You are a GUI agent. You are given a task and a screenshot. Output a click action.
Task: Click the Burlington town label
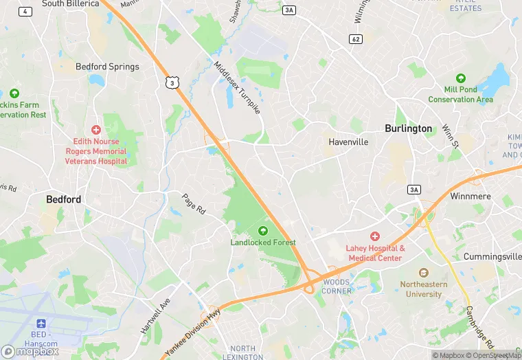[408, 128]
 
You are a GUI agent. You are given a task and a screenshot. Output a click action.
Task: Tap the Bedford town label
[63, 199]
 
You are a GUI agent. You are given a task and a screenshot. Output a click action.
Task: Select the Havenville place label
[348, 142]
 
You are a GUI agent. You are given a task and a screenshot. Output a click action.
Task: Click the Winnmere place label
[470, 196]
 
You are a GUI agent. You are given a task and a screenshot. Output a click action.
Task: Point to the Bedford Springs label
[107, 67]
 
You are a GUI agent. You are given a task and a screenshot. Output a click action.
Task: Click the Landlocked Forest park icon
[262, 230]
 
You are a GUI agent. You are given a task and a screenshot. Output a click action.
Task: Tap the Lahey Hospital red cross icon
[375, 236]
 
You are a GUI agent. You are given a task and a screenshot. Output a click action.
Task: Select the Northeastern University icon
[423, 273]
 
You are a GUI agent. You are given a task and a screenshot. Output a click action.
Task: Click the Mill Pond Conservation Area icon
[461, 78]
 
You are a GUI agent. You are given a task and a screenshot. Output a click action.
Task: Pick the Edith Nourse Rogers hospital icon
[96, 129]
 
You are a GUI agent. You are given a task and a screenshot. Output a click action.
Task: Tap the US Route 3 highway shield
[172, 82]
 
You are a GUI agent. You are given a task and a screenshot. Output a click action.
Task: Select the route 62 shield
[355, 38]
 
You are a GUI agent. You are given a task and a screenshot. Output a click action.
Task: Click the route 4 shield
[25, 11]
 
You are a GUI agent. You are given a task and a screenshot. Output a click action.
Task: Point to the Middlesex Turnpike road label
[238, 89]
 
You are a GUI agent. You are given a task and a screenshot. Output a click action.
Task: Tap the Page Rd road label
[194, 204]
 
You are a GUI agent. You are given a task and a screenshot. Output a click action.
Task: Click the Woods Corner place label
[337, 286]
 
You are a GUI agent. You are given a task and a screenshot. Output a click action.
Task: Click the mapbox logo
[29, 351]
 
